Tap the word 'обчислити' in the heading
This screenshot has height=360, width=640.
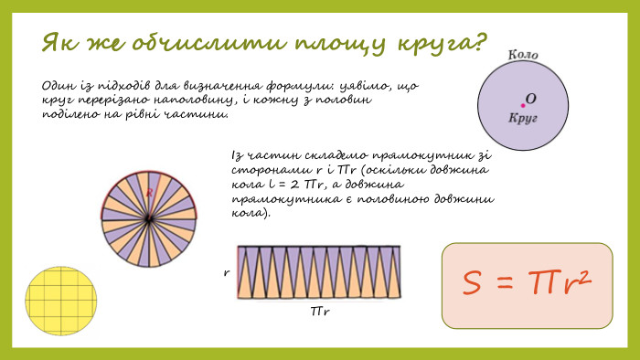[x=188, y=42]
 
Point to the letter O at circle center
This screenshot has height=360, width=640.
[x=531, y=98]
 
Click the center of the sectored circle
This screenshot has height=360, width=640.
[x=148, y=219]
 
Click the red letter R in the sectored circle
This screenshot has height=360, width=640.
[x=148, y=193]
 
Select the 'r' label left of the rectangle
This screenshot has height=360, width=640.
[x=226, y=273]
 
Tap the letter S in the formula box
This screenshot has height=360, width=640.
[x=472, y=285]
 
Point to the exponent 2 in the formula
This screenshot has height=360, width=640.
[x=580, y=276]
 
